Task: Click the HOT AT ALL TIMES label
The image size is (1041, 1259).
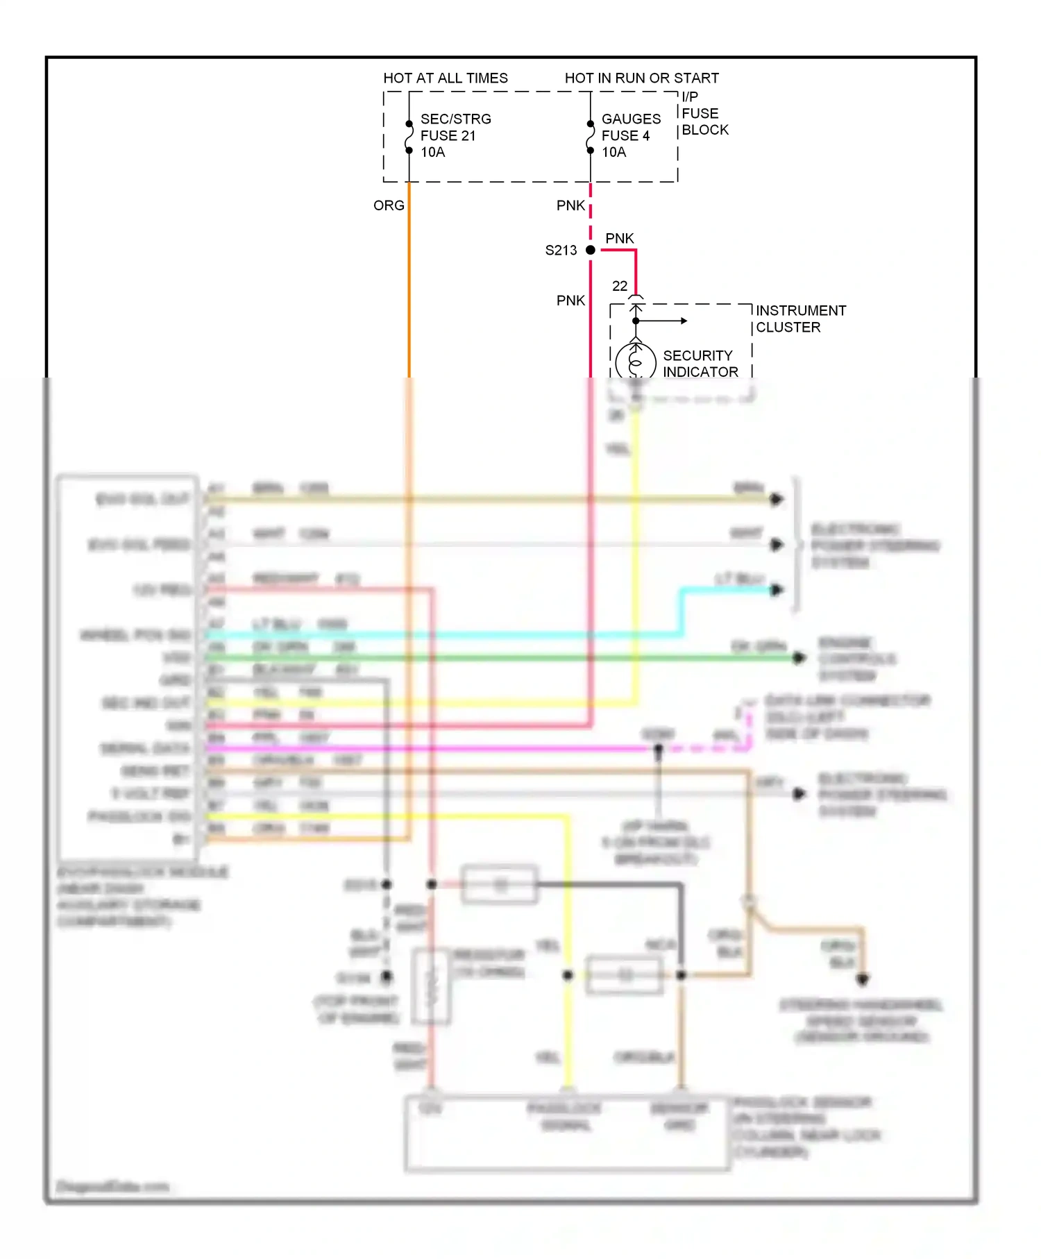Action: (x=446, y=78)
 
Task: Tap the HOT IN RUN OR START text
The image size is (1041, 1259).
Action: (x=641, y=78)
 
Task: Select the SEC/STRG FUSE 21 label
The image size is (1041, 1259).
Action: (x=455, y=127)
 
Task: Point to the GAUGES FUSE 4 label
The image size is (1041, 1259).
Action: (x=631, y=127)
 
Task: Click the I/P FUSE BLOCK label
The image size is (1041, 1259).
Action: (x=704, y=113)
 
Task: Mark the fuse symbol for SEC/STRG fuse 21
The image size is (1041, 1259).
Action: (x=409, y=137)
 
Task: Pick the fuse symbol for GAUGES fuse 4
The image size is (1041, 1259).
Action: (x=591, y=137)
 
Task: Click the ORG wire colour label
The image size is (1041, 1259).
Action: (x=389, y=205)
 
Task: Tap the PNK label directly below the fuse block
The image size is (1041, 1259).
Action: (x=570, y=205)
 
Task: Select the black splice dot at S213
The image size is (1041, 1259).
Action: (x=591, y=250)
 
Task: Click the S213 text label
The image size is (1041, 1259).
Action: (x=561, y=251)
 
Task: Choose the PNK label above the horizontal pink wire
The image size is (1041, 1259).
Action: (x=619, y=238)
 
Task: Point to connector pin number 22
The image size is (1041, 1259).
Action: (x=620, y=286)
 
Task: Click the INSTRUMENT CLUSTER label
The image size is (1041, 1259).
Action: (x=800, y=319)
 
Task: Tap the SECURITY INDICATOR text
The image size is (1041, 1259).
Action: (x=700, y=364)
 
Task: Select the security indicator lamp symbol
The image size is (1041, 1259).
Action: (x=636, y=361)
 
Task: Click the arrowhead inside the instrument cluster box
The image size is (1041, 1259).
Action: (x=684, y=321)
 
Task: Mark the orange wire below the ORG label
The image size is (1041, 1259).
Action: (x=409, y=291)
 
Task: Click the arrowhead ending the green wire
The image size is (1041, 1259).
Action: (x=800, y=657)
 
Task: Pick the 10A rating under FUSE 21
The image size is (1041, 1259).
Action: (x=432, y=152)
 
